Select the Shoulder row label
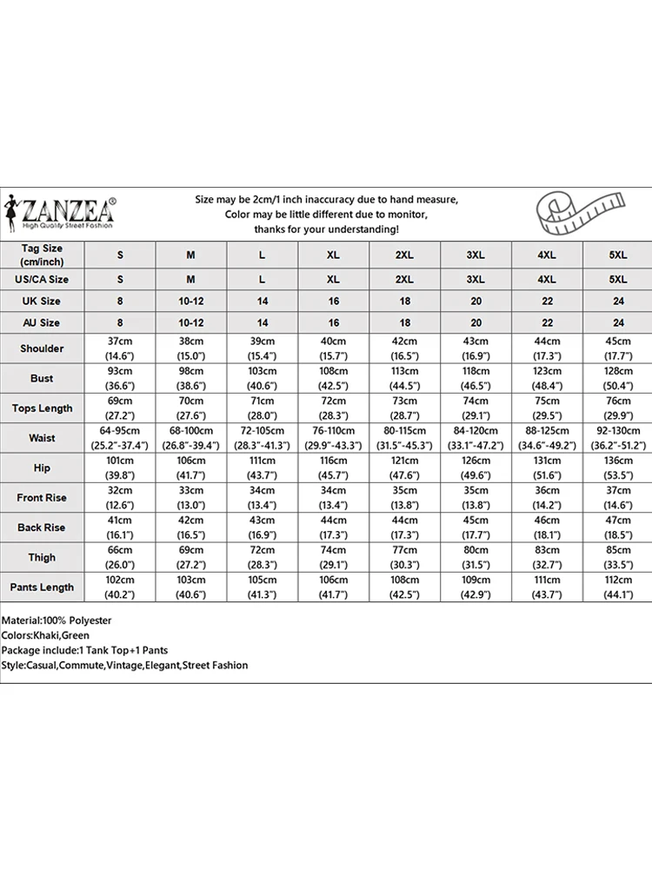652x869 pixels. tap(42, 348)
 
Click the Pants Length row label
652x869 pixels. tap(42, 587)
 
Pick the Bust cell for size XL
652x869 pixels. tap(333, 378)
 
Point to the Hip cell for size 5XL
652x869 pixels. tap(618, 468)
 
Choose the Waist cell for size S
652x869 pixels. tap(120, 438)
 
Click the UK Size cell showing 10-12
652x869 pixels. tap(191, 302)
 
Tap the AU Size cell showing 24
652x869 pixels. tap(618, 322)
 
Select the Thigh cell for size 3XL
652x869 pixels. tap(476, 557)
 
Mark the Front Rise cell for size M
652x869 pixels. tap(191, 498)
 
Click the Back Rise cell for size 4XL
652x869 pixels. tap(547, 527)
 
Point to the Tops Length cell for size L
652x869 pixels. tap(262, 408)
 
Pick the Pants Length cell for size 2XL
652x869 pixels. tap(404, 587)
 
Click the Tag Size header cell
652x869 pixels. tap(42, 255)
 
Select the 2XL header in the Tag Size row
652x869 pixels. tap(404, 255)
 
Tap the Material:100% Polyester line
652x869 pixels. tap(57, 620)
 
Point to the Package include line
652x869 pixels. tap(85, 650)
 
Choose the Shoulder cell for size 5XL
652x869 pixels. tap(618, 348)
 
